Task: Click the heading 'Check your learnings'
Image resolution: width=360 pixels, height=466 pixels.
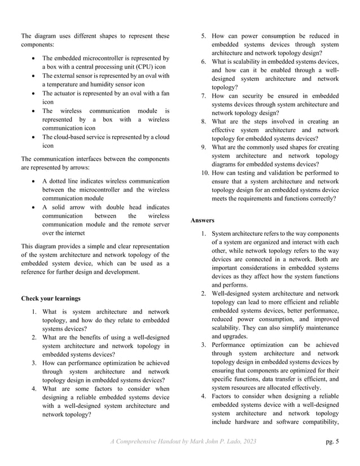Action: point(51,298)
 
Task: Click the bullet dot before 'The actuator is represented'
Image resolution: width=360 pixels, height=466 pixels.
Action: point(36,93)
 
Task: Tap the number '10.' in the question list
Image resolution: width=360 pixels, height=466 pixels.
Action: point(203,173)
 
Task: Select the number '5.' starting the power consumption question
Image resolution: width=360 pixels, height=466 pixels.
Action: point(205,37)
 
